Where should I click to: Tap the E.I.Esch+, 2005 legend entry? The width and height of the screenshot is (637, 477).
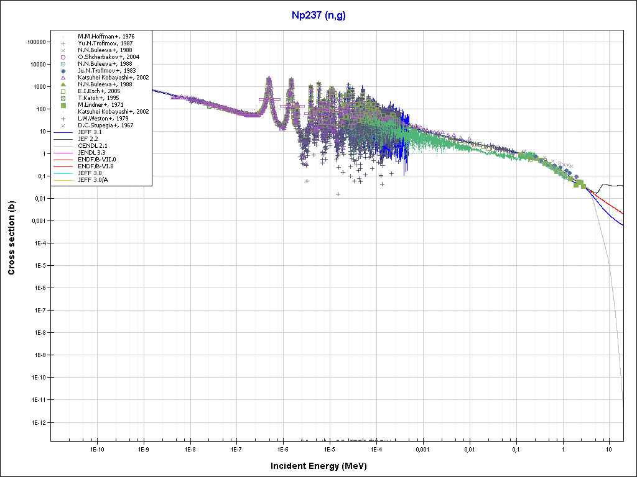[x=99, y=91]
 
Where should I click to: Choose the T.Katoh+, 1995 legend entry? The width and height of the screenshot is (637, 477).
[x=99, y=98]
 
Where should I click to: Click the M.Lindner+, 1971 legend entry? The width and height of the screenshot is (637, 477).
[x=101, y=105]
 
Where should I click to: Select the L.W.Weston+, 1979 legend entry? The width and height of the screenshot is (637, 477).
[x=103, y=119]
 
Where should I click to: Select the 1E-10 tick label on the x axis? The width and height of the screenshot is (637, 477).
[x=96, y=448]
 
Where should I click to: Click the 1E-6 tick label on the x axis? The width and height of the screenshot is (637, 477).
[x=283, y=448]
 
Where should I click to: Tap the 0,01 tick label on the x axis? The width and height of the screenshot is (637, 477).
[x=469, y=448]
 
